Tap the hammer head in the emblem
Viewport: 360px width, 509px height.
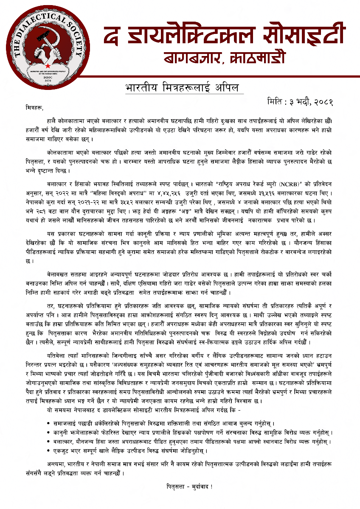click(x=43, y=39)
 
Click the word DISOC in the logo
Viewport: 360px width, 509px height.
click(x=48, y=77)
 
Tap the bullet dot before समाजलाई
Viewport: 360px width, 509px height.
click(x=50, y=423)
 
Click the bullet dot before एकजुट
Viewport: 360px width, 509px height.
click(x=50, y=450)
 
